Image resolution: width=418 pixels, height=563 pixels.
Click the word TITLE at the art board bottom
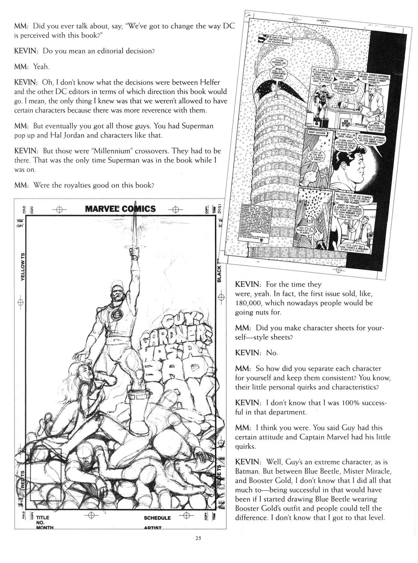pyautogui.click(x=43, y=518)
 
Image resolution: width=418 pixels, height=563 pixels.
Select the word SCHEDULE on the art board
pyautogui.click(x=157, y=518)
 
